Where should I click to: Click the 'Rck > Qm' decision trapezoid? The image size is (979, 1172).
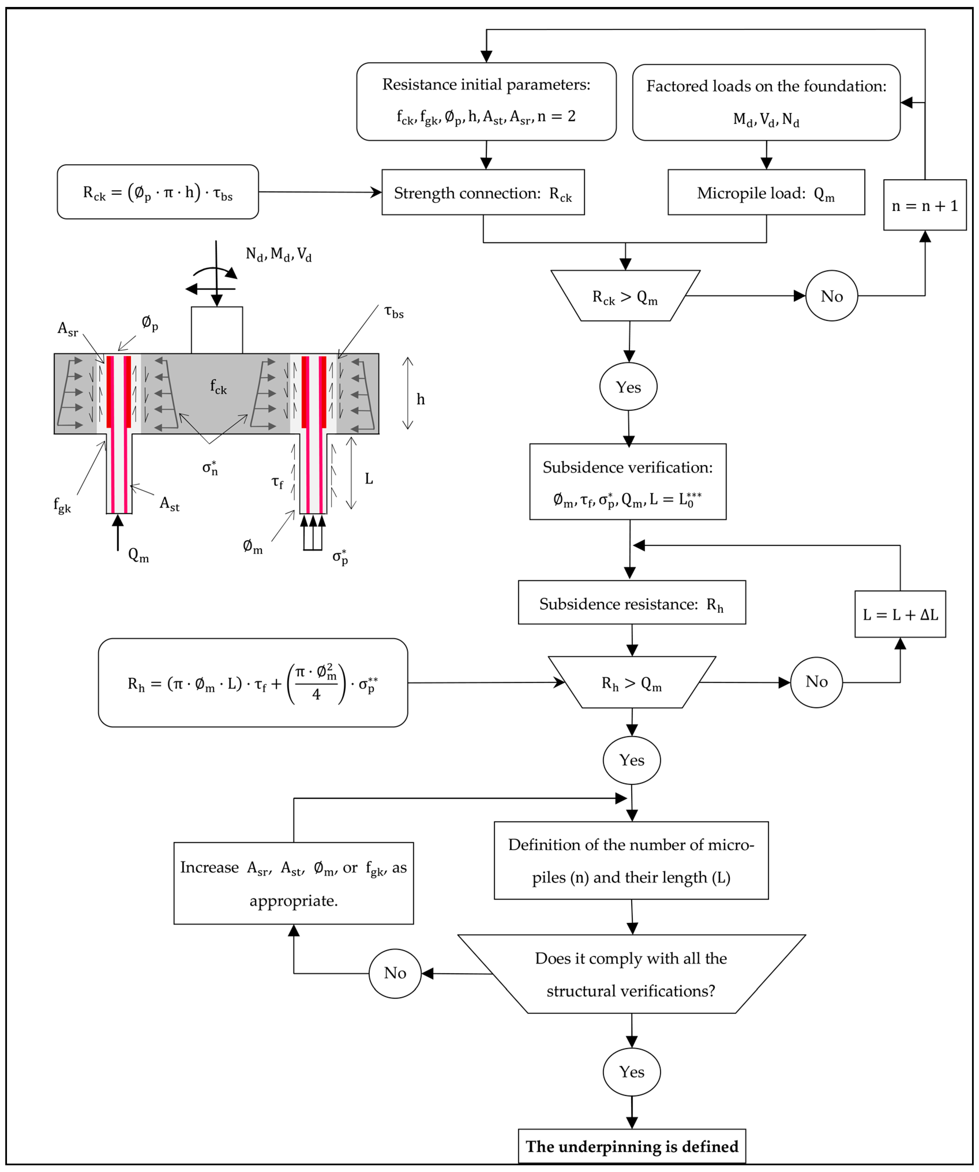(625, 296)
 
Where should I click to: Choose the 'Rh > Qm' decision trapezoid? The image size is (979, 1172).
(632, 682)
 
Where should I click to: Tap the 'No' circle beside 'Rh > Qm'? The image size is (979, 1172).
(816, 682)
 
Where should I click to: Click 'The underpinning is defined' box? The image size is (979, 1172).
(632, 1146)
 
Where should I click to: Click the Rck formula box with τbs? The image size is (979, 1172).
(158, 192)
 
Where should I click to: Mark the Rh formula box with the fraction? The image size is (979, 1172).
(253, 682)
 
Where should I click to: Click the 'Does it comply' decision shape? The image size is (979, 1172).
(631, 975)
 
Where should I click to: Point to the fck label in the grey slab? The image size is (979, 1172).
(218, 386)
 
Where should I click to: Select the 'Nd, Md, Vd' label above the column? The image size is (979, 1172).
(278, 255)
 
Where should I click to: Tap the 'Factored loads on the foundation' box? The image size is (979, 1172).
(766, 102)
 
